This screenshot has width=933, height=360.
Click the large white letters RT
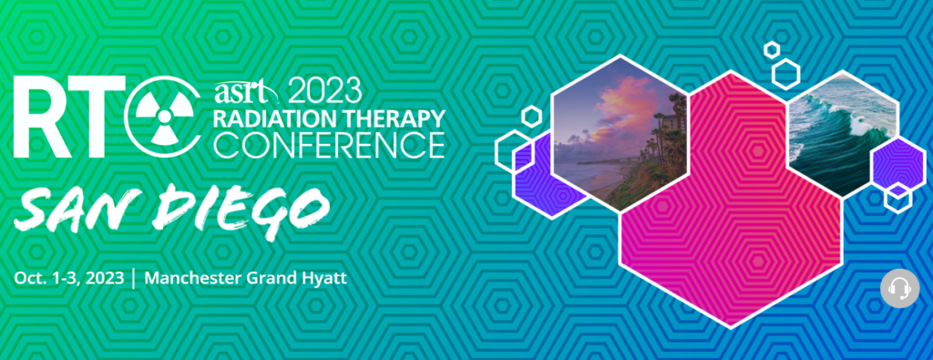pos(67,118)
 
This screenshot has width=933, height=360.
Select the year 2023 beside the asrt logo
pos(325,91)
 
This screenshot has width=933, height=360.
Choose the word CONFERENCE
pos(329,147)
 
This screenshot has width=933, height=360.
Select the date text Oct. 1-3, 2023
pos(69,278)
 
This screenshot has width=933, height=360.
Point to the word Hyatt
pos(325,279)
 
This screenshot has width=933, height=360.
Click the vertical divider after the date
pos(135,279)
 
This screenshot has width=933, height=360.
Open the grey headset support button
pos(899,288)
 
